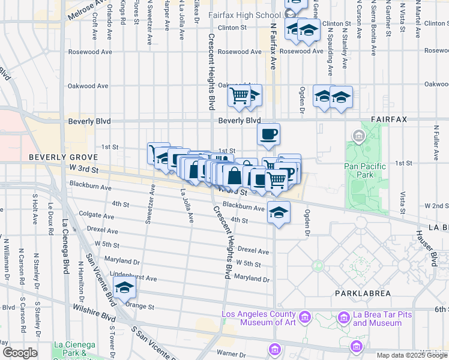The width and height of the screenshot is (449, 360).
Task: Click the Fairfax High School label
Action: [244, 14]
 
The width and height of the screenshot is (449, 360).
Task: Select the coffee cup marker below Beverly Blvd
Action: [268, 134]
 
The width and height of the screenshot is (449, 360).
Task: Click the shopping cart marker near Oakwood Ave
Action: [240, 95]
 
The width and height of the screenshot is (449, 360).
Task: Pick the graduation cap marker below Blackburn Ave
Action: [278, 213]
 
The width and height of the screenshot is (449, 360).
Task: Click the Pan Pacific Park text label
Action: [363, 170]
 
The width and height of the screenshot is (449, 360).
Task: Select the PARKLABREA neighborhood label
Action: [363, 293]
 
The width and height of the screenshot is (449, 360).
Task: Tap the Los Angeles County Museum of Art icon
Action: [304, 316]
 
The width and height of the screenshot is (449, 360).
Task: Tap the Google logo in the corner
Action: [20, 353]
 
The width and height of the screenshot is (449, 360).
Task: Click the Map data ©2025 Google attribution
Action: [412, 355]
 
